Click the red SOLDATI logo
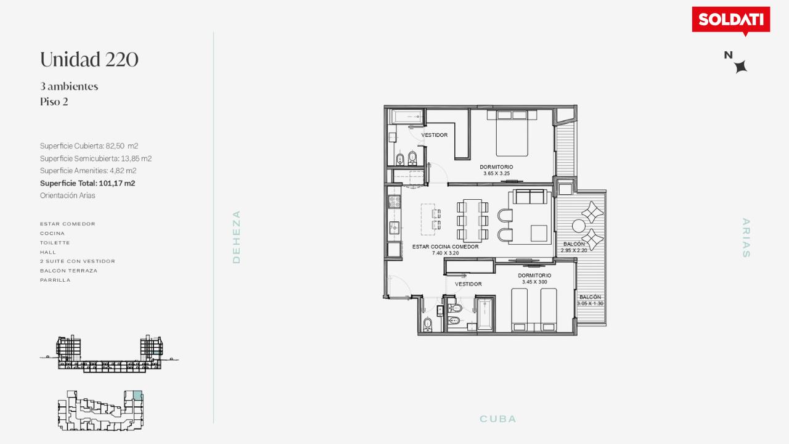731,20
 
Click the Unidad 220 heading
89,59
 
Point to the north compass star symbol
741,67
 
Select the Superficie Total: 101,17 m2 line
88,183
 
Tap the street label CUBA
497,419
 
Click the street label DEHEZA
236,237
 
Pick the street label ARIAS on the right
746,238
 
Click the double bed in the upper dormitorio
512,133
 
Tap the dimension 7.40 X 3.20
445,253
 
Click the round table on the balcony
578,226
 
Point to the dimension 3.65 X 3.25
496,173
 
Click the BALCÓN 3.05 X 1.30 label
591,300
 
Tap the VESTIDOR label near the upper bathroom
435,135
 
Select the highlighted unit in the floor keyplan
137,395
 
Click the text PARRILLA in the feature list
55,280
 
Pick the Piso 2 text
54,102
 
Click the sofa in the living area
530,197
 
